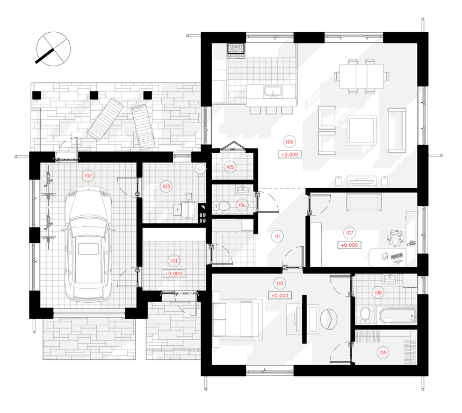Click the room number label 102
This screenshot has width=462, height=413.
pyautogui.click(x=88, y=176)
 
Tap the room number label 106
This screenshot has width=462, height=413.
pyautogui.click(x=290, y=141)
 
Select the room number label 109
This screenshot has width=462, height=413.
pyautogui.click(x=382, y=353)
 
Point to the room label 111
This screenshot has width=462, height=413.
pyautogui.click(x=277, y=236)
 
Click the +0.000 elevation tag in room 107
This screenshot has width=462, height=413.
pyautogui.click(x=349, y=245)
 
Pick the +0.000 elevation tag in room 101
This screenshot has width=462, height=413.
pyautogui.click(x=174, y=274)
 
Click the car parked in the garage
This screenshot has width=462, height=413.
pyautogui.click(x=89, y=245)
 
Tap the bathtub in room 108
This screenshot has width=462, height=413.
pyautogui.click(x=396, y=315)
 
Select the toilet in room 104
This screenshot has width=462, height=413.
pyautogui.click(x=221, y=206)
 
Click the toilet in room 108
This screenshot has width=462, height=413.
pyautogui.click(x=365, y=315)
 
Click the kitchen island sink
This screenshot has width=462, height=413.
pyautogui.click(x=273, y=91)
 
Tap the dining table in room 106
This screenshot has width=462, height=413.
pyautogui.click(x=361, y=76)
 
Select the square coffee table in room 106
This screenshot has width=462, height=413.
pyautogui.click(x=361, y=130)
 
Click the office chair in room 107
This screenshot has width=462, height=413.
pyautogui.click(x=395, y=238)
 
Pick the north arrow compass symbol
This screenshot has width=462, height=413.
pyautogui.click(x=53, y=49)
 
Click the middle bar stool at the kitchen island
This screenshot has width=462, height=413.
pyautogui.click(x=271, y=110)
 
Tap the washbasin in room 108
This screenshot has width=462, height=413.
pyautogui.click(x=390, y=279)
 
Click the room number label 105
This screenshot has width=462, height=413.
pyautogui.click(x=230, y=167)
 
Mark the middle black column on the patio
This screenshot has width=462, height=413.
pyautogui.click(x=93, y=95)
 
